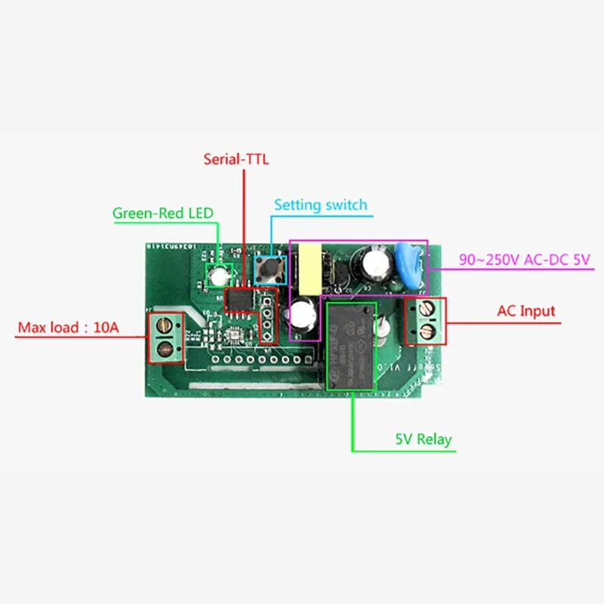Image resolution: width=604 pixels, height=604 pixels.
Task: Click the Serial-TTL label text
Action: (x=236, y=159)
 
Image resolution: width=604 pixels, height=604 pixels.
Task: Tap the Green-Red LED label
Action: (x=162, y=213)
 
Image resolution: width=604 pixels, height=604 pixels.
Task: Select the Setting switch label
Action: (x=320, y=205)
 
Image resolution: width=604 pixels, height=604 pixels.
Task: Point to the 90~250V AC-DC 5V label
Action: (x=524, y=260)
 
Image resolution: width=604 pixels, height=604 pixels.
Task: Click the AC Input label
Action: (x=525, y=310)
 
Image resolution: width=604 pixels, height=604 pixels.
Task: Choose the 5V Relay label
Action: (x=424, y=439)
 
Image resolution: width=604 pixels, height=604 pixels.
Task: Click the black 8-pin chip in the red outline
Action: (x=240, y=299)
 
